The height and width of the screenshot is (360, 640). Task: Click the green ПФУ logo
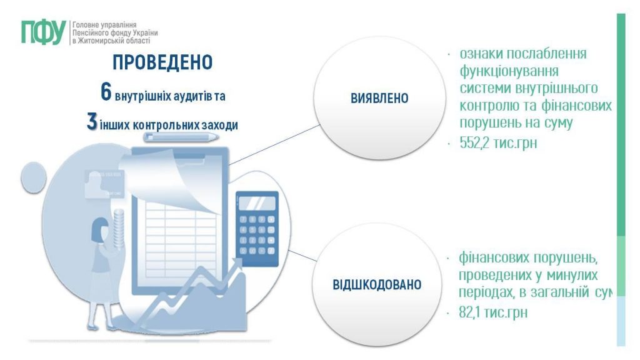pos(43,32)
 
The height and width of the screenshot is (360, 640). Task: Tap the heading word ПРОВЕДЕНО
pos(162,62)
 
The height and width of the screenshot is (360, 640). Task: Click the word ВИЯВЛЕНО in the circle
pos(379,99)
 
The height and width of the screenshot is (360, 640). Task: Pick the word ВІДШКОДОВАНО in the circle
pos(377,285)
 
